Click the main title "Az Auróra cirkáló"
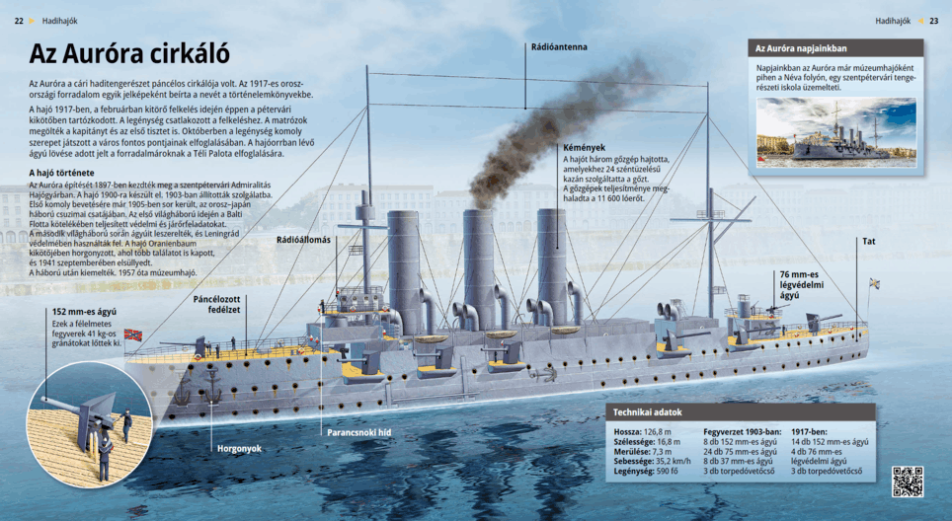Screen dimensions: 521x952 (x=129, y=53)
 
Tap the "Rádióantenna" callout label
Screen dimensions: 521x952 (x=559, y=46)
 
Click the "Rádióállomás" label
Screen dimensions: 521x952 (x=303, y=240)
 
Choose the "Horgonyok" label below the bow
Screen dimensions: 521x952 (x=239, y=448)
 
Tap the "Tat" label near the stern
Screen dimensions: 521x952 (x=869, y=241)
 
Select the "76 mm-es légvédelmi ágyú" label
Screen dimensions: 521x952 (x=800, y=283)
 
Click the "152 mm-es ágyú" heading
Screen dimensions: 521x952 (x=84, y=311)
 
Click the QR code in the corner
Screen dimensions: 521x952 (x=908, y=482)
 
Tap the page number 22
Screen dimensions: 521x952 (x=20, y=20)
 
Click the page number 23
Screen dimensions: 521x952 (x=934, y=20)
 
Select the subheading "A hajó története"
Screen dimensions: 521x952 (x=62, y=173)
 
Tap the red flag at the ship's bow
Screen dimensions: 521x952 (x=132, y=335)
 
